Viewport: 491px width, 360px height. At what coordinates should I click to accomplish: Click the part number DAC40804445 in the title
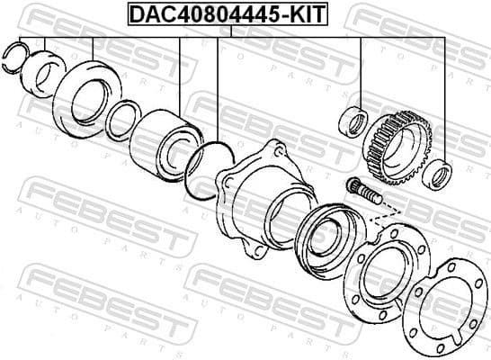pos(201,13)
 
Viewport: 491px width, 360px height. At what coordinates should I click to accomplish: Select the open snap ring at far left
pos(19,56)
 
